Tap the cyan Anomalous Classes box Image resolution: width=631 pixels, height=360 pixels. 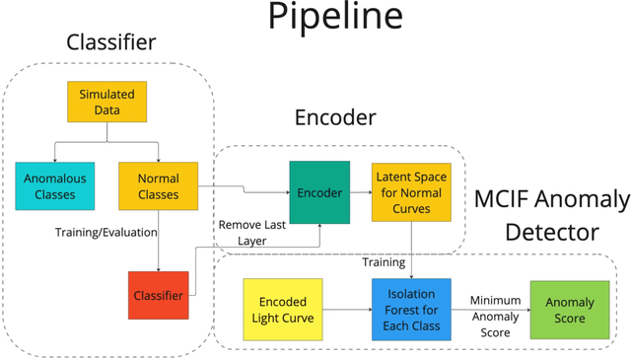pos(54,187)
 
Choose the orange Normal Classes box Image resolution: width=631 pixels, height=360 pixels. pos(158,187)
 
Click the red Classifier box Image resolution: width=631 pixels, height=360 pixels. pos(158,295)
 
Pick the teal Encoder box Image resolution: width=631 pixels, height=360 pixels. pos(318,191)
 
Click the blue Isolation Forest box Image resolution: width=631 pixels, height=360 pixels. pos(411,310)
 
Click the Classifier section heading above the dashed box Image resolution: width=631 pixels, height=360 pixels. pos(110,43)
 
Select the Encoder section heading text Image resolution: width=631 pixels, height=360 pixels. pos(335,118)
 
